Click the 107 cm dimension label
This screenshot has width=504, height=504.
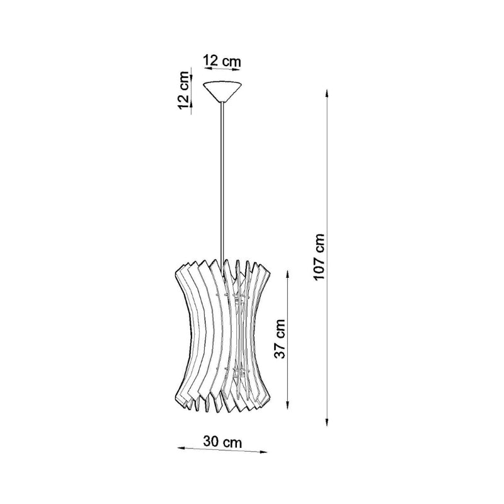tap(319, 256)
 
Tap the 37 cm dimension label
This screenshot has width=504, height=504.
tap(280, 339)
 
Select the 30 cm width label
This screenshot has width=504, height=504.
tap(222, 442)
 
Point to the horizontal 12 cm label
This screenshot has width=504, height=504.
tap(222, 60)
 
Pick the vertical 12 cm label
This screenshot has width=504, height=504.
tap(183, 90)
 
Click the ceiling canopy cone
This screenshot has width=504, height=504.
tap(222, 91)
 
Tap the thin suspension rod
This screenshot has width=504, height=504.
tap(222, 183)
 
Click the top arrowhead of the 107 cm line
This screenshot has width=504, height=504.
tap(327, 93)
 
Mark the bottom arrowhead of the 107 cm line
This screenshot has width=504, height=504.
tap(327, 422)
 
